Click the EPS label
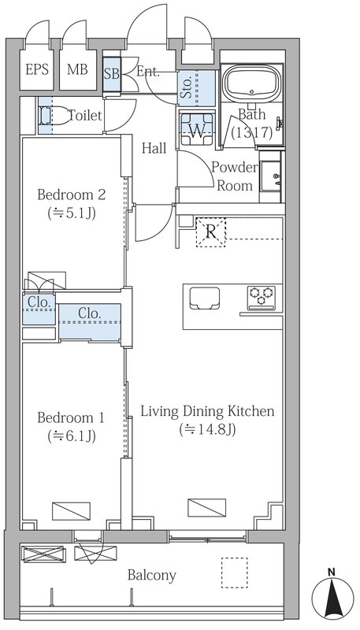tap(37, 69)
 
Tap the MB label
tap(77, 69)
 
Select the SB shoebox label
tap(112, 74)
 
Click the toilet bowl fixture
tap(54, 116)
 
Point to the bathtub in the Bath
tap(252, 83)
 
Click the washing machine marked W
tap(197, 128)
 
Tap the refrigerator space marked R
tap(211, 232)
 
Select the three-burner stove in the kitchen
tap(262, 298)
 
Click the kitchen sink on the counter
tap(205, 298)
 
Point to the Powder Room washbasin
tap(271, 176)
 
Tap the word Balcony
tap(152, 576)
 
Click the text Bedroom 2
tap(72, 195)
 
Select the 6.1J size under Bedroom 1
tap(72, 436)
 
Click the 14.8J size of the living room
tap(207, 429)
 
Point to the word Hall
tap(154, 148)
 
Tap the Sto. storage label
tap(187, 88)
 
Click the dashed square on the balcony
tap(234, 573)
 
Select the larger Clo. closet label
tap(89, 313)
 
